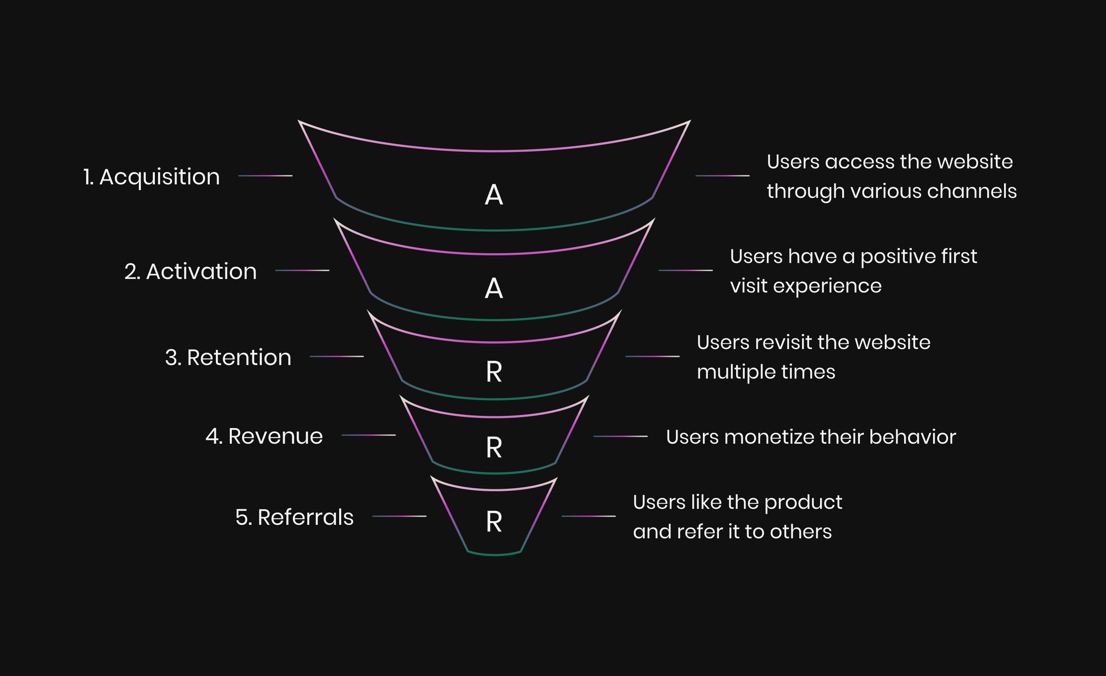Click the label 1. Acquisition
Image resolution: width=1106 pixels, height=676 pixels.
tap(151, 177)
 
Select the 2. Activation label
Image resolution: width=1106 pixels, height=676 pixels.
tap(190, 271)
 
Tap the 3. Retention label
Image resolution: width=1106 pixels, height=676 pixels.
tap(228, 357)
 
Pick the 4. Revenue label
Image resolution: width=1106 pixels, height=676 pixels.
tap(264, 436)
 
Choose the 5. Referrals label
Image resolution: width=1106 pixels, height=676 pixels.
tap(295, 517)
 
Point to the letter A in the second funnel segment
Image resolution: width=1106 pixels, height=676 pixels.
tap(494, 288)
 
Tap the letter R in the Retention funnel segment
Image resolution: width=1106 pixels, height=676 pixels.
tap(494, 372)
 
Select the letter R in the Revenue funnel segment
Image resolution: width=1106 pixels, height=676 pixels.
tap(494, 447)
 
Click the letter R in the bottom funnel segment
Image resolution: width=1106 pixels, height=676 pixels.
tap(494, 522)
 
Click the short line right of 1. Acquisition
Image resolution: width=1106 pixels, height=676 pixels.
tap(265, 175)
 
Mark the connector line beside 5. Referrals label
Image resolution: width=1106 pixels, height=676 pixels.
tap(399, 516)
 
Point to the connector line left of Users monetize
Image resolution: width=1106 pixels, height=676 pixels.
tap(620, 436)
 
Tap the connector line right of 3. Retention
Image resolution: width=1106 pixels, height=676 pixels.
tap(337, 356)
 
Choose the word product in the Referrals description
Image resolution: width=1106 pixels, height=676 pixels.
tap(803, 503)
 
